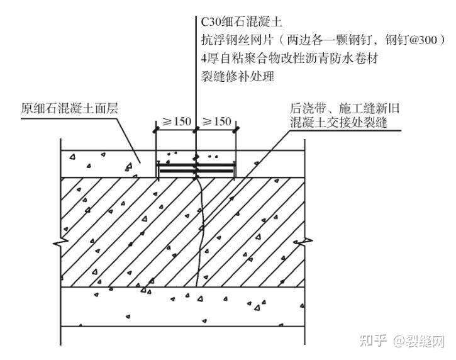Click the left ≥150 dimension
point(175,121)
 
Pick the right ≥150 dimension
point(216,121)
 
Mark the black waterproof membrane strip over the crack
point(196,171)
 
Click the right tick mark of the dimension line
point(236,130)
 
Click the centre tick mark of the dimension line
point(196,130)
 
